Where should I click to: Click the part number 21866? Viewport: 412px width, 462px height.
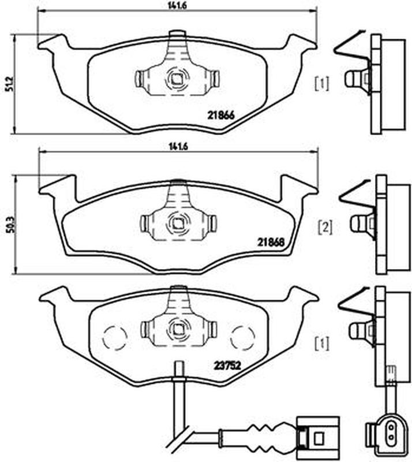[x=221, y=115]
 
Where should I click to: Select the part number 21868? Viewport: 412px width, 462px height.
[x=271, y=243]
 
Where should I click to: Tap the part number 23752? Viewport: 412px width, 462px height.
[x=227, y=366]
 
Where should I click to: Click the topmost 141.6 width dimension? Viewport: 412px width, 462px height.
[x=178, y=5]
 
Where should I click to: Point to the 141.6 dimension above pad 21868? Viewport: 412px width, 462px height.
[x=178, y=147]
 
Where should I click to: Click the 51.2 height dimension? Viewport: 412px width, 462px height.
[x=9, y=84]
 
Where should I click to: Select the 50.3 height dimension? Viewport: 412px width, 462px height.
[x=12, y=225]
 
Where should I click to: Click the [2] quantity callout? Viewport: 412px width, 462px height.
[x=325, y=227]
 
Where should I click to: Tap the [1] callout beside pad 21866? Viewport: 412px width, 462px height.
[x=321, y=84]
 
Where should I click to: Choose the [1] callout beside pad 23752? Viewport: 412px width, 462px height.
[x=321, y=344]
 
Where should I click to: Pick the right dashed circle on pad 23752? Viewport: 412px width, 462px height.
[x=243, y=338]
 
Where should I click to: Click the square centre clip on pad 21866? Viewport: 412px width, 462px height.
[x=177, y=79]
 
